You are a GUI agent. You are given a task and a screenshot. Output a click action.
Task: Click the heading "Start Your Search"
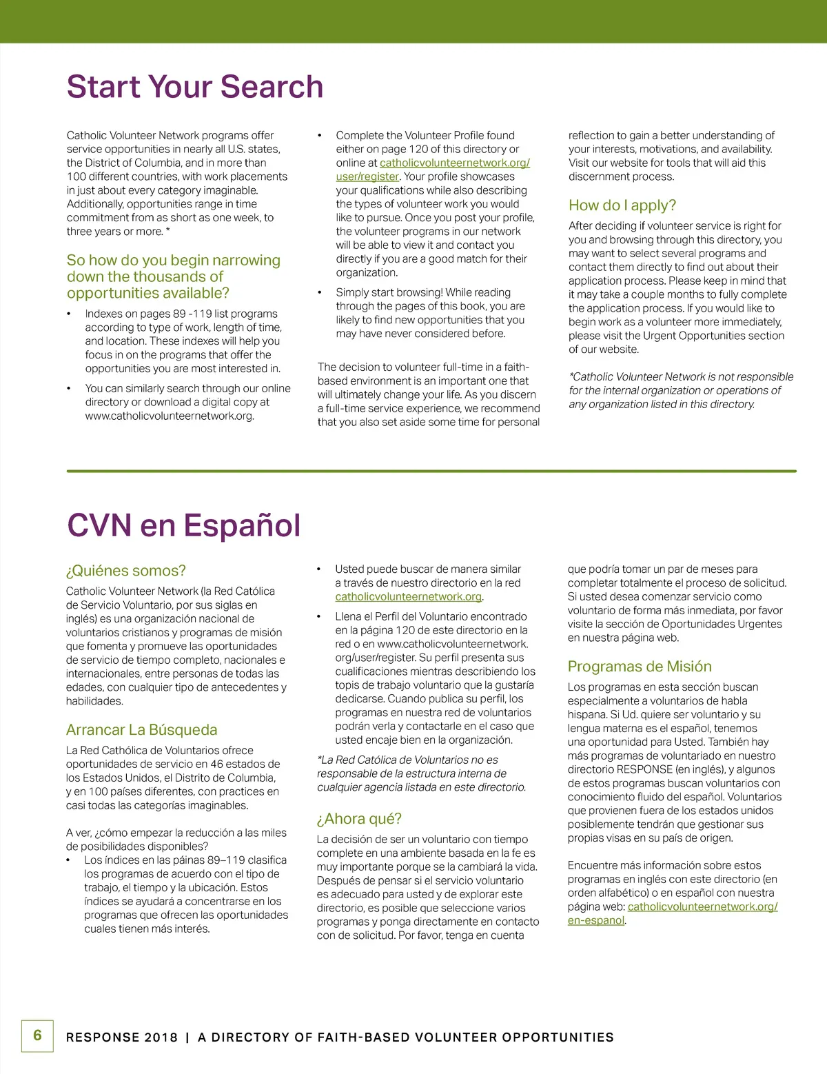coord(195,88)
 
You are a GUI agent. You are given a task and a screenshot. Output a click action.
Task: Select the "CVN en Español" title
coord(183,525)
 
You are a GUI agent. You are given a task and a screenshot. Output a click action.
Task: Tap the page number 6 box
coord(37,1035)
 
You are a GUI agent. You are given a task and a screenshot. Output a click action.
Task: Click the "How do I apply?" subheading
coord(622,205)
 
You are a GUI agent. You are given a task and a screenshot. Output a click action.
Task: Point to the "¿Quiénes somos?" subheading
coord(125,571)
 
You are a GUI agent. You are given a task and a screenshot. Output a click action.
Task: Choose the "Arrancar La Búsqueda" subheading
coord(141,730)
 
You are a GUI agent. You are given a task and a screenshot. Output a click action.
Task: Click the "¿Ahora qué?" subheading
coord(359,819)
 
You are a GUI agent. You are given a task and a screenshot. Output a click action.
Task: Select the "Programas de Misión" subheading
coord(639,667)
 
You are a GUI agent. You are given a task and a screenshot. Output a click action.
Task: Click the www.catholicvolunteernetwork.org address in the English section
coord(170,416)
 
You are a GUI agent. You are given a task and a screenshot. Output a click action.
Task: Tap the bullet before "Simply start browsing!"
coord(320,293)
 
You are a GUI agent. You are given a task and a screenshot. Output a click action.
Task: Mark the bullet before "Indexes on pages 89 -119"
coord(69,314)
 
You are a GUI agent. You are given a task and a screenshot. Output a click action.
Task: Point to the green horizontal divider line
coord(431,472)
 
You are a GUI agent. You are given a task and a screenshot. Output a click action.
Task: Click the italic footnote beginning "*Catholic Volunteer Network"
coord(680,390)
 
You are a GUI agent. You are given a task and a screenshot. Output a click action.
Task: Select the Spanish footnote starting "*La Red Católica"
coord(420,773)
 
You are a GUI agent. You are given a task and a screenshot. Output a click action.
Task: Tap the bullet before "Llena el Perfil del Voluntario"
coord(319,617)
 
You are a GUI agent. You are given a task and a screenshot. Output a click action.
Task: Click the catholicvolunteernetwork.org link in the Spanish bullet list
coord(408,597)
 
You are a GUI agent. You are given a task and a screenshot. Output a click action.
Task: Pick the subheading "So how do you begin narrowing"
coord(173,276)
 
